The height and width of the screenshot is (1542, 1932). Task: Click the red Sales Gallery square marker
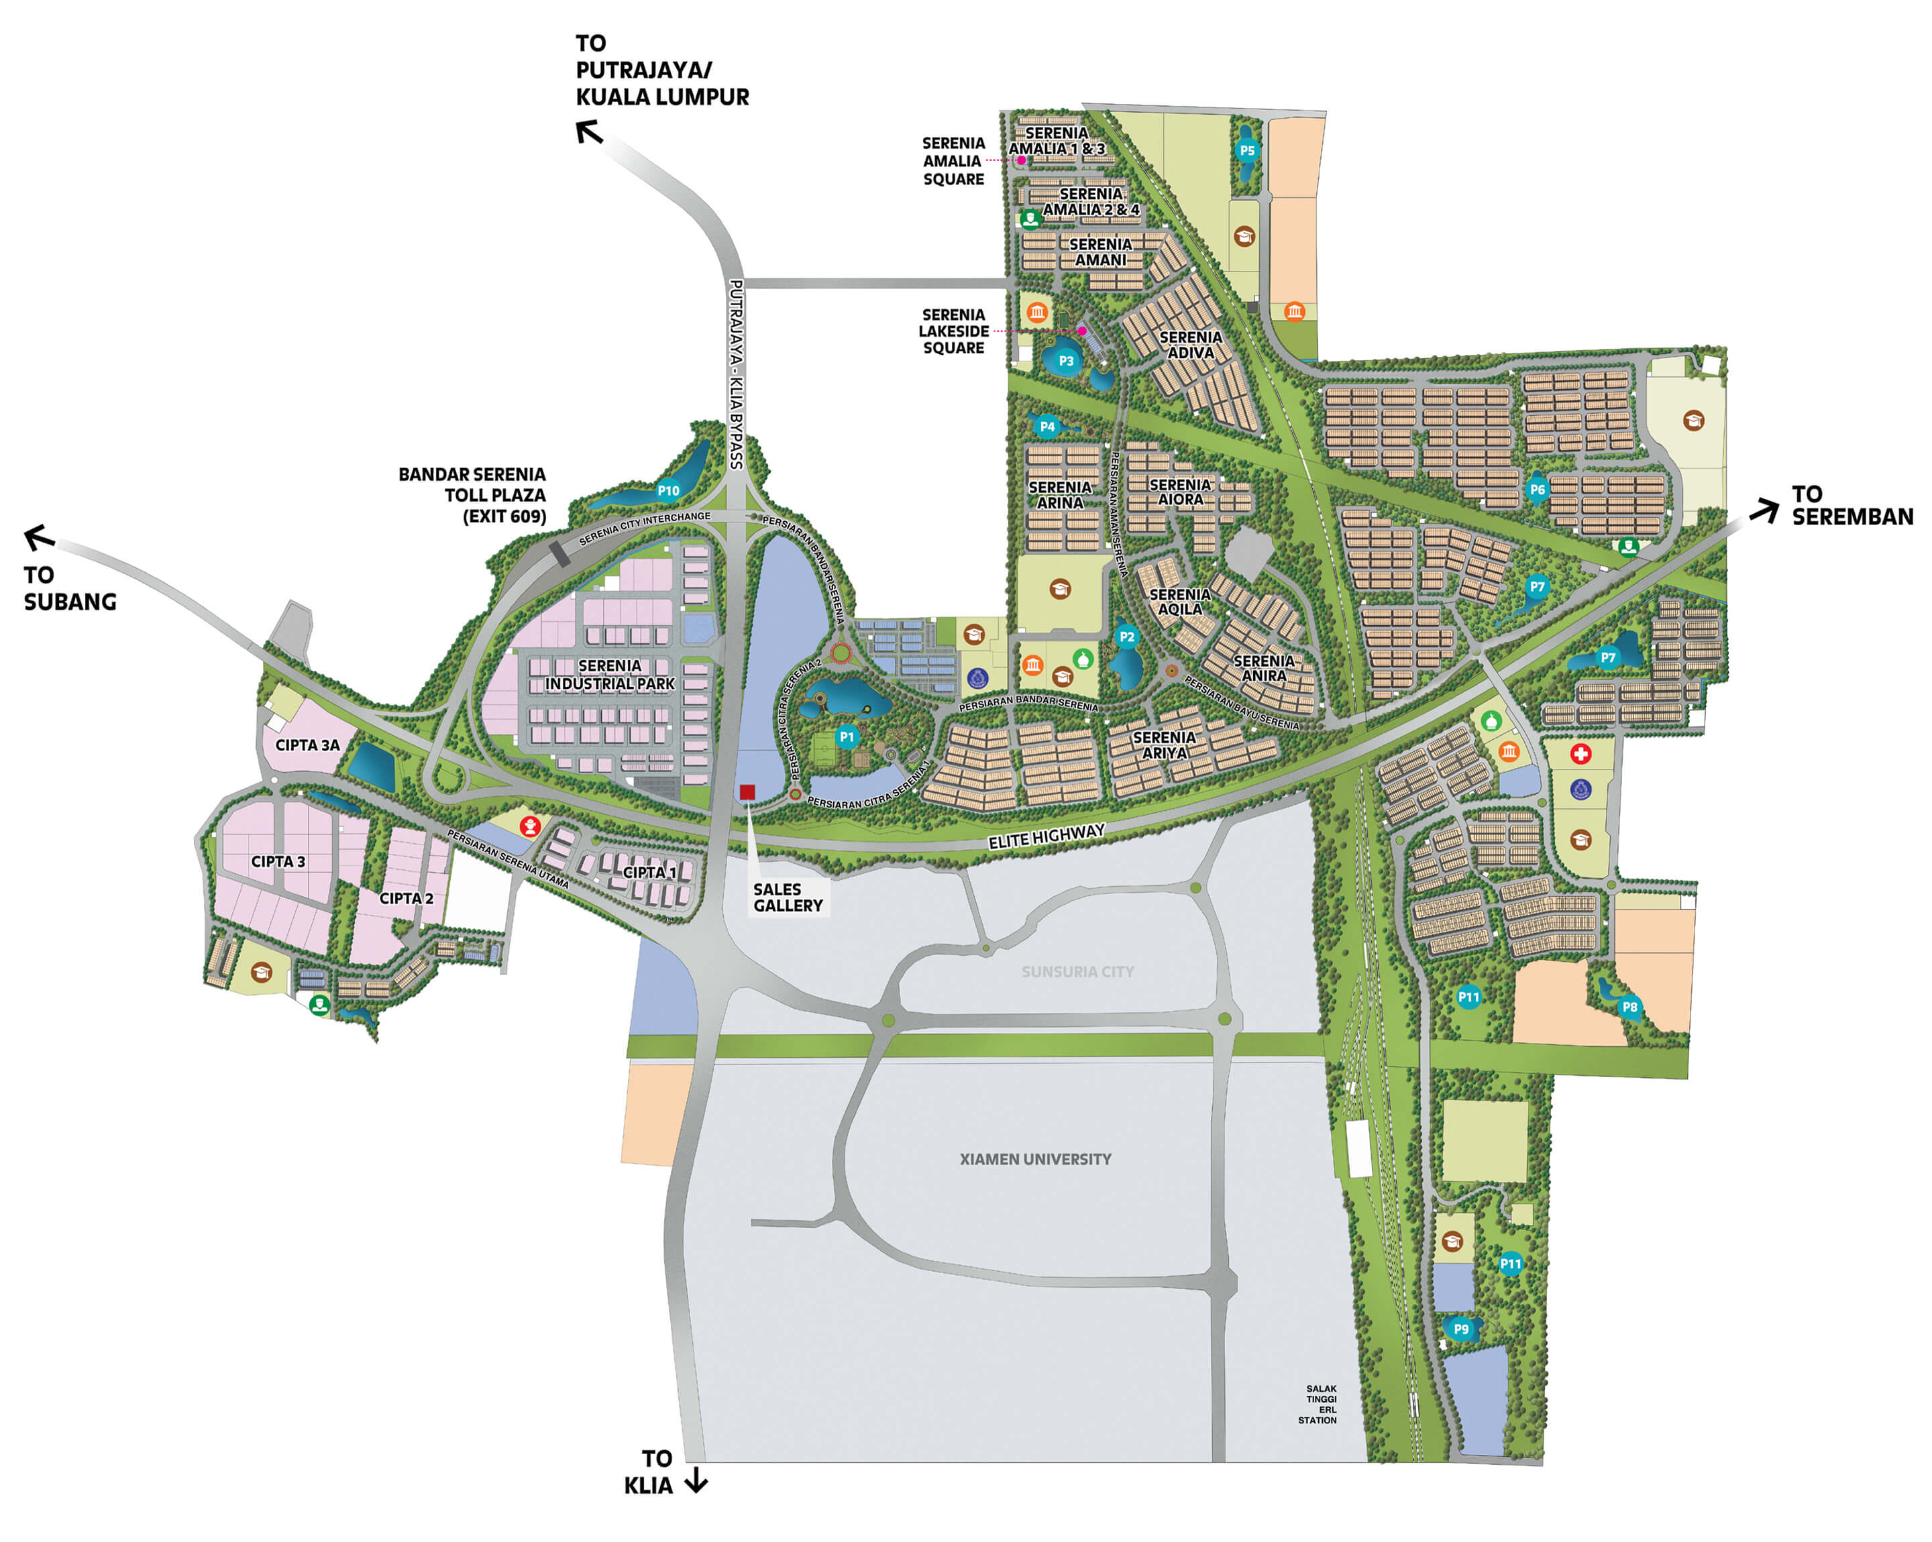coord(747,791)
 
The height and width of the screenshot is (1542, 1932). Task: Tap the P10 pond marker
coord(667,490)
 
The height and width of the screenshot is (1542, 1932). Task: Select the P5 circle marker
coord(1246,150)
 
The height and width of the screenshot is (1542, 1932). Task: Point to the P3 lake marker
coord(1065,361)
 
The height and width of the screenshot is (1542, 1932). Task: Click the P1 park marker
coord(846,736)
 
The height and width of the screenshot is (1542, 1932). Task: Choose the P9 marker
coord(1460,1329)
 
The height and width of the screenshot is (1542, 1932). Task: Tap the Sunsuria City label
coord(1077,971)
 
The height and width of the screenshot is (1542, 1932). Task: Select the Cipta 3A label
coord(307,745)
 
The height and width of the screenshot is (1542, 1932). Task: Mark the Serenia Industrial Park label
coord(609,675)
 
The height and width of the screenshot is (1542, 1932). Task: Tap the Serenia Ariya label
coord(1163,745)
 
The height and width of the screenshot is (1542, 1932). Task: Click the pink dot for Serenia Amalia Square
coord(1020,160)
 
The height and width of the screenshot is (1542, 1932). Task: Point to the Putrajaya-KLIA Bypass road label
coord(736,374)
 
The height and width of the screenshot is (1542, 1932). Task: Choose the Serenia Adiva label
coord(1190,345)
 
